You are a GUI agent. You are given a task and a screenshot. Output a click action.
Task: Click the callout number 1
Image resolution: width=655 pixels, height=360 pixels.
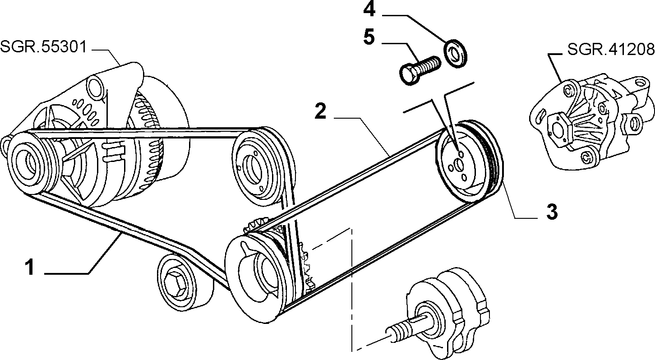29,267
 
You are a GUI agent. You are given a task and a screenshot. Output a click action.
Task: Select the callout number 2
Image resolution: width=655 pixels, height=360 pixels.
320,111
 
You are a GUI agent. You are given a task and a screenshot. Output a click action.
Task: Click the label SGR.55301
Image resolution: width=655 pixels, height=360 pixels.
44,47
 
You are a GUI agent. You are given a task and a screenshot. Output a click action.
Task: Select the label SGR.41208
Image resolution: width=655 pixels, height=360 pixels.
611,49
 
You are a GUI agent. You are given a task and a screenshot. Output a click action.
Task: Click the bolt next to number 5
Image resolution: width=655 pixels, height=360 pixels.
420,70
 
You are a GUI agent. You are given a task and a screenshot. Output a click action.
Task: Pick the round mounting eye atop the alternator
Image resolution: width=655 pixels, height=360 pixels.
95,86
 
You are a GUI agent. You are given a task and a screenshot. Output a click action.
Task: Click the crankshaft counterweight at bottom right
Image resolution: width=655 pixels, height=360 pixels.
447,311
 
